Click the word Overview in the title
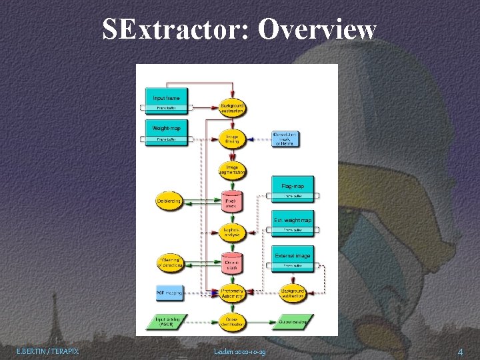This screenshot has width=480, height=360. (x=317, y=29)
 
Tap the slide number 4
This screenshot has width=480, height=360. (x=460, y=351)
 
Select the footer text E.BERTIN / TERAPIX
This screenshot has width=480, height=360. (x=47, y=351)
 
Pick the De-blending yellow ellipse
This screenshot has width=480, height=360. (x=168, y=201)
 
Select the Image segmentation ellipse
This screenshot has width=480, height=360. (x=233, y=169)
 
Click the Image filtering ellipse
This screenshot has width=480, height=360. (x=233, y=138)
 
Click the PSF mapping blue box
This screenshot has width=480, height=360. (x=167, y=292)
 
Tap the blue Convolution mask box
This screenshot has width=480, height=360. (x=285, y=139)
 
